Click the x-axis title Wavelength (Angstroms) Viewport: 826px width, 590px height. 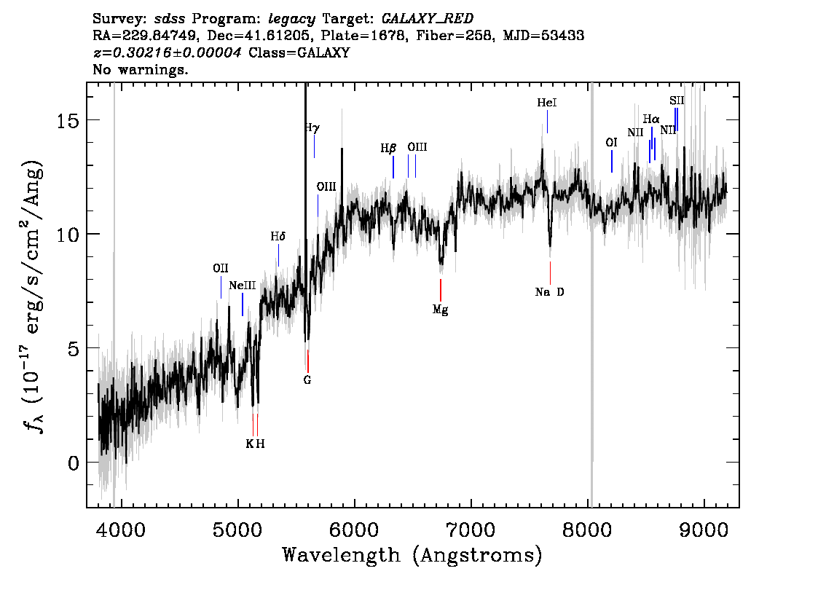(x=412, y=556)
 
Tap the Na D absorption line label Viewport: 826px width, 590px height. (x=549, y=293)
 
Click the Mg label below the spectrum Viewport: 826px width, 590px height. (x=440, y=310)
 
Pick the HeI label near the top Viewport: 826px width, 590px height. (x=546, y=103)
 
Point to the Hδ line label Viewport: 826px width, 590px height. (x=278, y=237)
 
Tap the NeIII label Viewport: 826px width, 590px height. (x=241, y=286)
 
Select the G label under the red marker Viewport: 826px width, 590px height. (x=307, y=379)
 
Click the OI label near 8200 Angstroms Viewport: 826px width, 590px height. (x=611, y=143)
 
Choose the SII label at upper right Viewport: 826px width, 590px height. (x=677, y=101)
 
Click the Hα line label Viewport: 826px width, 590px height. (x=651, y=119)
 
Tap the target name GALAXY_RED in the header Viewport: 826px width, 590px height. (x=422, y=17)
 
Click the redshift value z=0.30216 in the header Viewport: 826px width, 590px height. (x=168, y=53)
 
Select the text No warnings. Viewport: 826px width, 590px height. (x=141, y=71)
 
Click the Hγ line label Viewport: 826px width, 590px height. (x=312, y=128)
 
